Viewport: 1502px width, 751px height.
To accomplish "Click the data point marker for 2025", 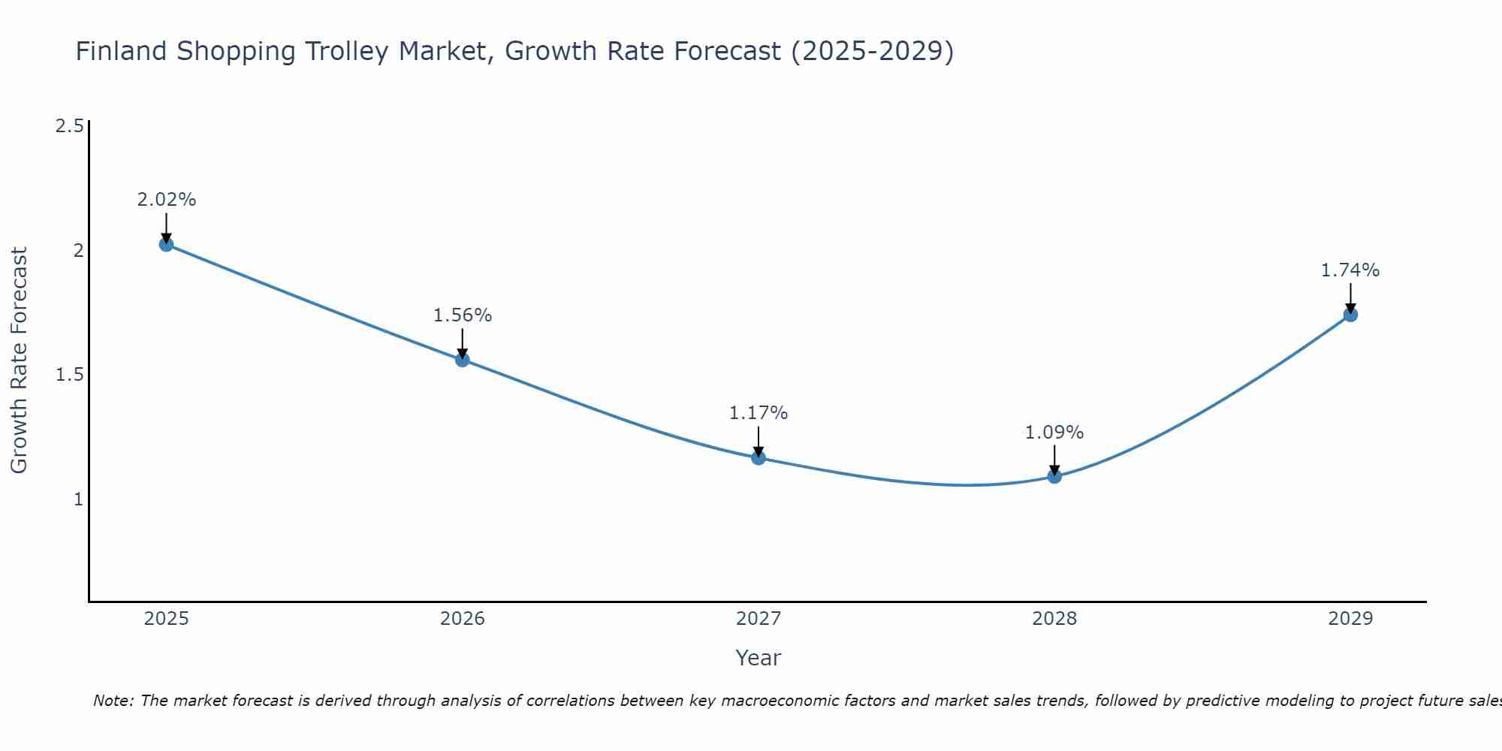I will tap(167, 244).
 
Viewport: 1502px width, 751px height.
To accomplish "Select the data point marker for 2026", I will tap(463, 360).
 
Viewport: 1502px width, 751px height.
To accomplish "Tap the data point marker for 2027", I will tap(759, 457).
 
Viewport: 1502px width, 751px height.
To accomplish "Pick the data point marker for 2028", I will tap(1054, 476).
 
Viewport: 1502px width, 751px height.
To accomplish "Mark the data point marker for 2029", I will tap(1350, 315).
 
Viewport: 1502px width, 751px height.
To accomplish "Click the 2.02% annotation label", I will tap(167, 200).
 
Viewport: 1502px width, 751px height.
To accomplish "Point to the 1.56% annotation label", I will tap(463, 315).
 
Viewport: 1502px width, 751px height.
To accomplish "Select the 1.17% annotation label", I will tap(759, 413).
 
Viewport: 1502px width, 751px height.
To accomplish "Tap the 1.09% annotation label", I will tap(1054, 433).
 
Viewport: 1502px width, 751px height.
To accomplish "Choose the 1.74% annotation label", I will tap(1350, 270).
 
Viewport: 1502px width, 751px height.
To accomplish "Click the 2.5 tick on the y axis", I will tap(69, 126).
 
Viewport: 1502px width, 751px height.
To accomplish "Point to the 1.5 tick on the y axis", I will tap(69, 375).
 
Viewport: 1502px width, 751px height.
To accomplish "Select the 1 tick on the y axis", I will tap(78, 499).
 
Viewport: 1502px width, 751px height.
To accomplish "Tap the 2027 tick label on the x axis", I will tap(759, 619).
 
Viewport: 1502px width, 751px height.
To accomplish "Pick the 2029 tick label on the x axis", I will tap(1350, 619).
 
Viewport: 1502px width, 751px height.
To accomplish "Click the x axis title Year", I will tap(759, 658).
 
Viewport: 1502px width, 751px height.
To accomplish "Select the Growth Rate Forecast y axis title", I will tap(20, 360).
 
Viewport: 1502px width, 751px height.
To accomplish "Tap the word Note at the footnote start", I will tap(113, 701).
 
